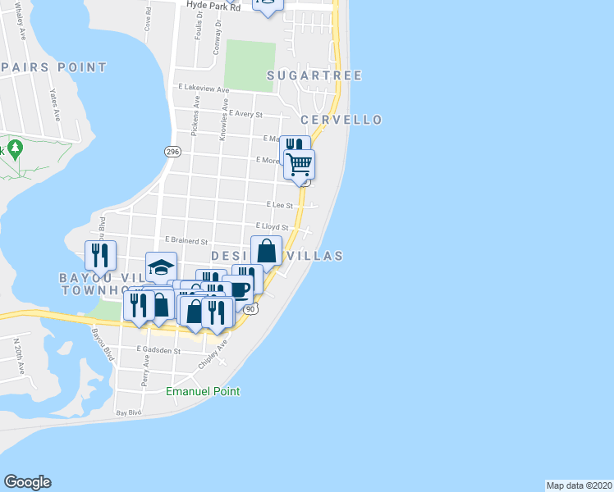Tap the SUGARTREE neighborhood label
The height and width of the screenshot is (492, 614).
tap(314, 75)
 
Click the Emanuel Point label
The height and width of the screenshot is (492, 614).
tap(203, 392)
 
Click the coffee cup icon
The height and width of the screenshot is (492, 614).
tap(239, 289)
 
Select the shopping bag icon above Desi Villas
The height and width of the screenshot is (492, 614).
tap(267, 250)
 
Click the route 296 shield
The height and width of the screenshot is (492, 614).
tap(172, 152)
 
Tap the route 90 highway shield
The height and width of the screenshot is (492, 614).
tap(251, 308)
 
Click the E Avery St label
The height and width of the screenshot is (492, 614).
tap(245, 115)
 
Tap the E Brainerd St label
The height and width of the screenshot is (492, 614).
tap(186, 240)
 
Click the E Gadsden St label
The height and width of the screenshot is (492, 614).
tap(158, 349)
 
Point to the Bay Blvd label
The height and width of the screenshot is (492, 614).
tap(129, 413)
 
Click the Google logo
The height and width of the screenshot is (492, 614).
tap(27, 482)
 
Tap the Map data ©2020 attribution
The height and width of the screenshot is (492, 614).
tap(579, 485)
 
